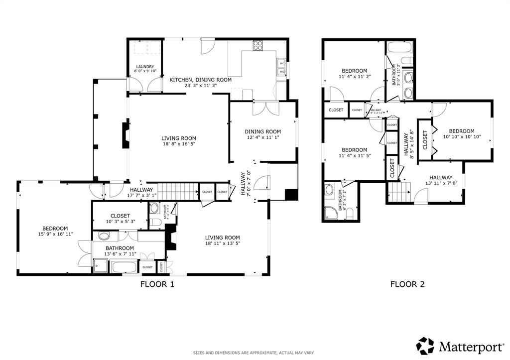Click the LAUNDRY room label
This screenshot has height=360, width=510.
pos(145,67)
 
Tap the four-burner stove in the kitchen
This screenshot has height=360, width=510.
pos(258,46)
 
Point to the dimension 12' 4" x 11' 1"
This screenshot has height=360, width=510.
pos(264,138)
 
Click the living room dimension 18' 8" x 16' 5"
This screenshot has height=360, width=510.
pos(178,144)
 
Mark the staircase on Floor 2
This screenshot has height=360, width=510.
pos(399,192)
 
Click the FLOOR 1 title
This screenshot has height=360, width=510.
pos(157,285)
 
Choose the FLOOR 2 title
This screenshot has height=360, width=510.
pos(407,285)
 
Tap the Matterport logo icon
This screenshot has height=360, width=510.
pos(425,346)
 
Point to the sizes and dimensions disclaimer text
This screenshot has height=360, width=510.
pos(255,353)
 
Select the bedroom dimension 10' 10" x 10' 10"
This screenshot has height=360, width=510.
pos(462,137)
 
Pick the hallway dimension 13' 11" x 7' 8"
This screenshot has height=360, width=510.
pos(441,184)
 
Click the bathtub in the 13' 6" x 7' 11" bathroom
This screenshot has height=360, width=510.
pos(125,267)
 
